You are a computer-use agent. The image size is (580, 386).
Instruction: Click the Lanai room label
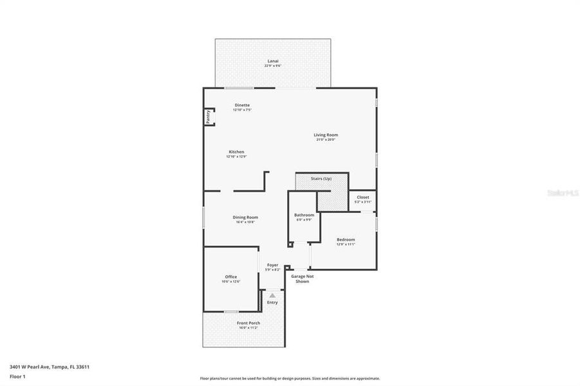click(x=274, y=61)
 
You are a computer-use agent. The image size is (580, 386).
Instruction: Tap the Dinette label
click(x=242, y=105)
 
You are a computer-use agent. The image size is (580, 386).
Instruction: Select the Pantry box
click(x=209, y=116)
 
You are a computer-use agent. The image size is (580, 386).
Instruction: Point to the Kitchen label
click(x=236, y=152)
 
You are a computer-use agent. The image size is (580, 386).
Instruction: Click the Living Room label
click(x=326, y=135)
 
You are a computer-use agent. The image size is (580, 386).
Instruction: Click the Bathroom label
click(x=304, y=215)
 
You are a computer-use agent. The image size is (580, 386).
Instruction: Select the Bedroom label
click(x=346, y=240)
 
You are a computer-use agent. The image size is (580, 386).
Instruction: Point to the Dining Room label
click(x=245, y=217)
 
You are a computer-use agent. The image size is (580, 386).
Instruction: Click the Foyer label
click(x=273, y=265)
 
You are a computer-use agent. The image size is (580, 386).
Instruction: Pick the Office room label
click(x=230, y=277)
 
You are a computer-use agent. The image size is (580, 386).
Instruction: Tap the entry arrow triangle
click(x=272, y=295)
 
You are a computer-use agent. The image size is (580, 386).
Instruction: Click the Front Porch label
click(x=248, y=323)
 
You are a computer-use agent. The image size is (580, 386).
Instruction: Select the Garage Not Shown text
click(x=303, y=279)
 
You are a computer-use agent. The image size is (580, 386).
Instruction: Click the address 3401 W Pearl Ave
click(x=49, y=367)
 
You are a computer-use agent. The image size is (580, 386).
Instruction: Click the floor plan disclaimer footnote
click(x=290, y=378)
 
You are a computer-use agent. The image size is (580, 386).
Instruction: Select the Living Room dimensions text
click(x=326, y=140)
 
